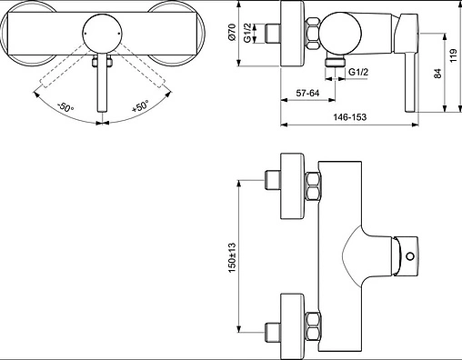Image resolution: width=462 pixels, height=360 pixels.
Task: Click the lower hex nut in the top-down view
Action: pyautogui.click(x=312, y=321)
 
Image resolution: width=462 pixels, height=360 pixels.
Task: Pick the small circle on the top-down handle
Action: pyautogui.click(x=409, y=256)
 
